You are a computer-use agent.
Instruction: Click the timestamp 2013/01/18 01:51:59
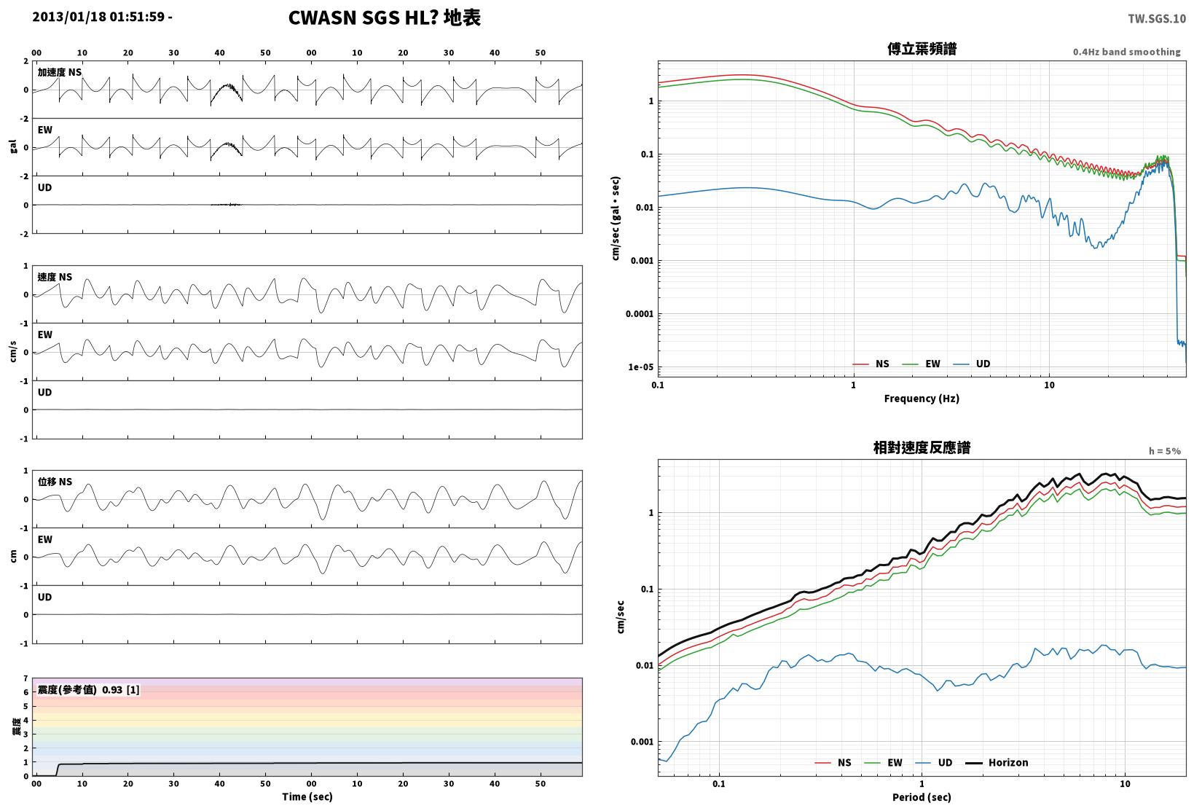click(x=98, y=17)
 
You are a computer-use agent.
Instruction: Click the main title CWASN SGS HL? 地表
click(x=385, y=17)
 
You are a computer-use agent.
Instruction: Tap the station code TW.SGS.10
click(x=1157, y=19)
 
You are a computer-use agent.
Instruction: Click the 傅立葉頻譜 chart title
click(x=922, y=49)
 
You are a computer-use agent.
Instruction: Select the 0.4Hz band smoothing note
click(x=1127, y=52)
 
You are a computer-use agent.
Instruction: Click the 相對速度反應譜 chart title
click(x=922, y=447)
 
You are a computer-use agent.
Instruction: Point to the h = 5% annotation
click(x=1165, y=451)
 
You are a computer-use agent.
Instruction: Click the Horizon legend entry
click(x=997, y=762)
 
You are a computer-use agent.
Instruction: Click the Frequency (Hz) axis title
click(x=922, y=399)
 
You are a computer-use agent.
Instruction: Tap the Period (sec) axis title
click(x=922, y=797)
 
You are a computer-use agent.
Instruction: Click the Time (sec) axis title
click(x=307, y=796)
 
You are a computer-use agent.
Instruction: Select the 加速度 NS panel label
click(x=60, y=72)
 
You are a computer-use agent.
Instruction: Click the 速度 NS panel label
click(x=55, y=277)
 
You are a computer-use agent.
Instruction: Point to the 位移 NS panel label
click(x=55, y=482)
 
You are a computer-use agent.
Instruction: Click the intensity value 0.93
click(x=112, y=689)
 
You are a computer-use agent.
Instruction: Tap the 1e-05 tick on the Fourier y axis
click(x=640, y=367)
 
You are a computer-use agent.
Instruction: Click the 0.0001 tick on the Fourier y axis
click(x=640, y=313)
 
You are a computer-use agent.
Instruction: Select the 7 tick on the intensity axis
click(x=25, y=678)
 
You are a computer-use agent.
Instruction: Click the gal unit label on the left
click(x=13, y=146)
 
